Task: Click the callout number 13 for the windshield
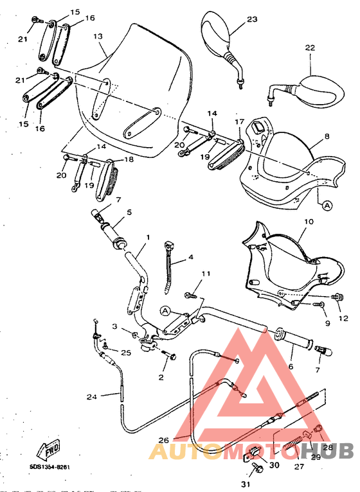(98, 37)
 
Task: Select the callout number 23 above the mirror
(251, 19)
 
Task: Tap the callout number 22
(310, 48)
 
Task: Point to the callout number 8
(327, 136)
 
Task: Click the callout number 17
(239, 121)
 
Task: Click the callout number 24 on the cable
(91, 396)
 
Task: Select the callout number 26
(165, 440)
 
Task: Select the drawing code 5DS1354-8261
(50, 468)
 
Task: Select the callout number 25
(126, 353)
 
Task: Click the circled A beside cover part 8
(327, 206)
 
